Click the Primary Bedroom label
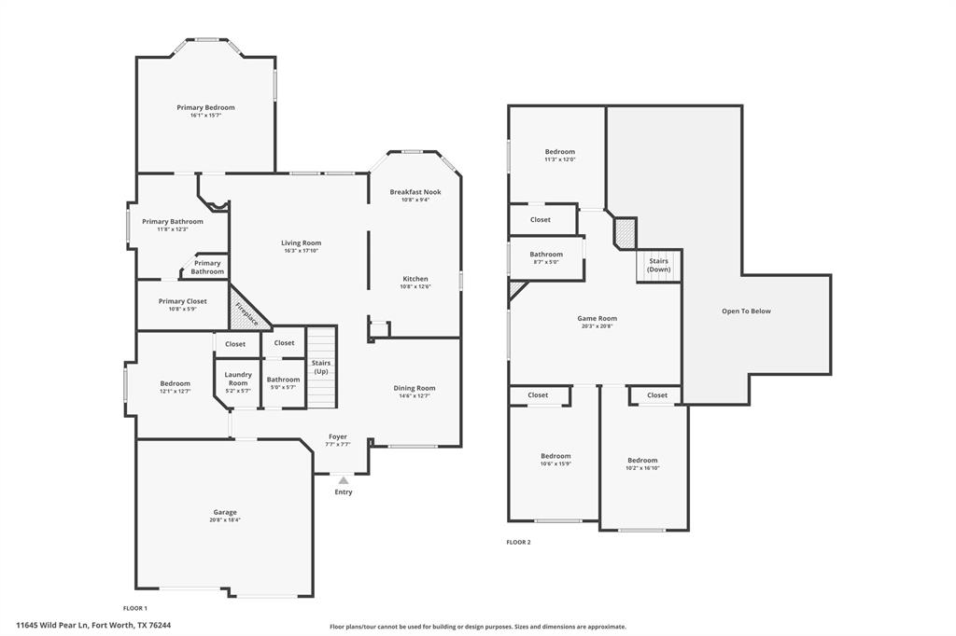tap(205, 107)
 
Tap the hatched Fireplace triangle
tap(247, 311)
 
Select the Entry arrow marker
tap(344, 480)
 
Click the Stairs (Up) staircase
tap(321, 367)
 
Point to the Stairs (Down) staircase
tap(658, 265)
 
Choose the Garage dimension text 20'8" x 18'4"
tap(224, 520)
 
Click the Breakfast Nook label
tap(415, 192)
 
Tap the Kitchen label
tap(415, 279)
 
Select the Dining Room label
tap(414, 388)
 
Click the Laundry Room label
tap(238, 379)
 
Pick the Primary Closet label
tap(182, 301)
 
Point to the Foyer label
tap(338, 436)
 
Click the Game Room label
tap(597, 318)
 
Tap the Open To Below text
tap(746, 311)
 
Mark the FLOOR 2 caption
tap(518, 542)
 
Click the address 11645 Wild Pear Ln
tap(93, 626)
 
